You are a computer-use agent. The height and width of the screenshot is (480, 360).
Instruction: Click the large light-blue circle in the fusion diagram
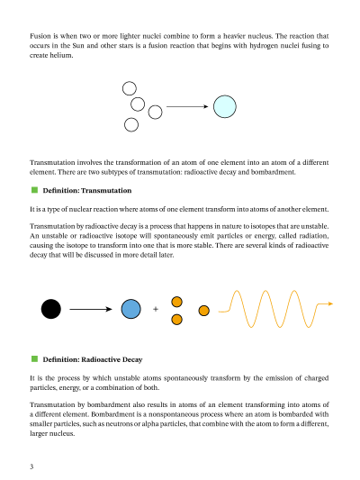coord(224,107)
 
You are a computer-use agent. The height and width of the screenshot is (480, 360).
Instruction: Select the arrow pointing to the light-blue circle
coord(186,107)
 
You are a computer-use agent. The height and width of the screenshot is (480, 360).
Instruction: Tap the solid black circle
coord(51,309)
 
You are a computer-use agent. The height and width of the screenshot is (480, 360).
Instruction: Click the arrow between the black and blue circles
coord(94,309)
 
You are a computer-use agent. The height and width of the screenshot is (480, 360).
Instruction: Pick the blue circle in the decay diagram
coord(130,309)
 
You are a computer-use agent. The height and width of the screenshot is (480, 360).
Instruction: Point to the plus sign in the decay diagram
coord(156,309)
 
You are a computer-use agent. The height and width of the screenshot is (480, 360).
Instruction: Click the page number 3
coord(31,466)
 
